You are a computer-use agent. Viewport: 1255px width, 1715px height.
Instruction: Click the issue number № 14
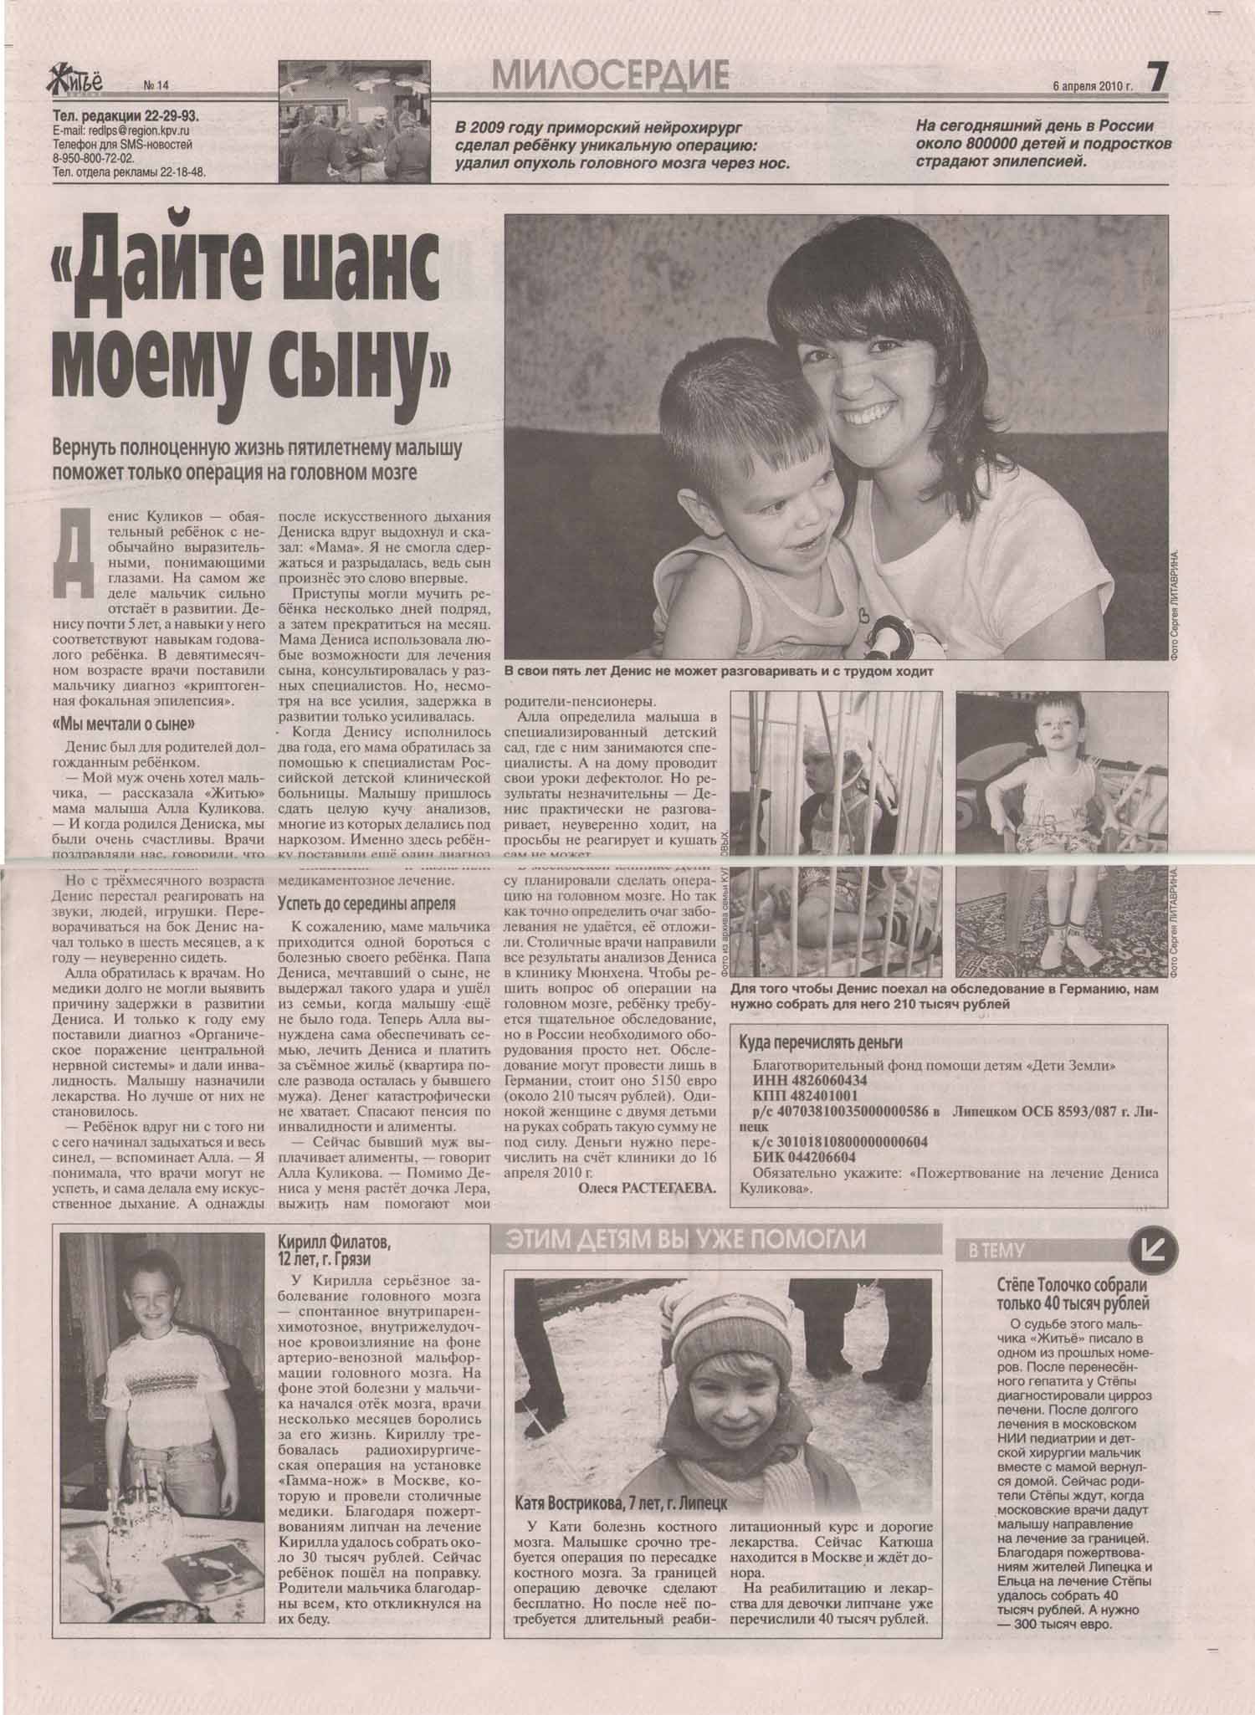[156, 84]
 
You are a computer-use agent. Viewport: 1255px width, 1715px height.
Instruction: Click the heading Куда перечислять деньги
[821, 1042]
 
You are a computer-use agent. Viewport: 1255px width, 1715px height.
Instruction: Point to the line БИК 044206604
[803, 1157]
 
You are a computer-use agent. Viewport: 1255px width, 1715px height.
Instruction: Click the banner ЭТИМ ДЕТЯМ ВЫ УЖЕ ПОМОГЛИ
[684, 1240]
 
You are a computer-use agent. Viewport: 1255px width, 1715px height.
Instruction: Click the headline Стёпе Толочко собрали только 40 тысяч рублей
[1073, 1294]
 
